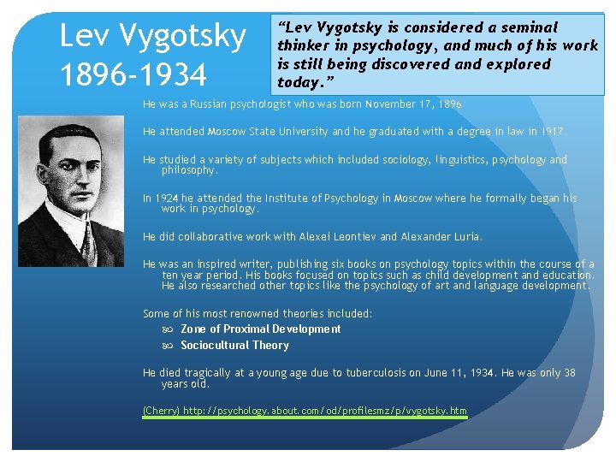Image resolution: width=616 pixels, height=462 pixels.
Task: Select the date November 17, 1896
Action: (413, 104)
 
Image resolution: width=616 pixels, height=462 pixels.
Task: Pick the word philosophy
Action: (189, 170)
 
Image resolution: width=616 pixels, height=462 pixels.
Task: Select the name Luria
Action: (465, 236)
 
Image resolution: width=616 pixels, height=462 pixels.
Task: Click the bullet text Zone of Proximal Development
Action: (260, 329)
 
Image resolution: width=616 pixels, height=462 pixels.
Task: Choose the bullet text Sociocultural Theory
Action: (234, 346)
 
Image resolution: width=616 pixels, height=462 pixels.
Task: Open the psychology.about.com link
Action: (325, 412)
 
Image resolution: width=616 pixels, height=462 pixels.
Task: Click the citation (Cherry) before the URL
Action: (161, 412)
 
